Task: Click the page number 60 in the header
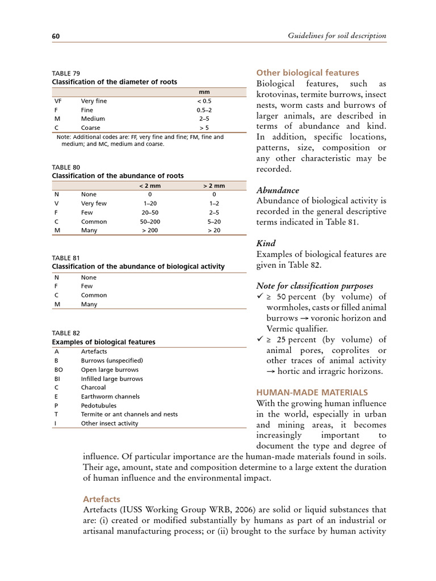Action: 56,36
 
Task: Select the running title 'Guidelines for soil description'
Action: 337,36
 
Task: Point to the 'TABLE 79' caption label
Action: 66,73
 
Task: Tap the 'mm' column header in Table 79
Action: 204,92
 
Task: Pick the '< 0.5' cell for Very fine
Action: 204,101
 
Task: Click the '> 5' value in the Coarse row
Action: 204,128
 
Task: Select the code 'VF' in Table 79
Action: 58,101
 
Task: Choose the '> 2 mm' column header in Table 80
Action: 214,186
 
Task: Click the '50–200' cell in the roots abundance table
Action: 150,222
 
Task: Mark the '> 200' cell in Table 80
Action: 150,231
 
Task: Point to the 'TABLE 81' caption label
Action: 66,258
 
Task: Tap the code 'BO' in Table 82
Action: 58,369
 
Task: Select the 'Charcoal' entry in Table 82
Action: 94,388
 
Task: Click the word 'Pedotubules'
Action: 99,406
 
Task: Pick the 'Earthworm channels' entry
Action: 110,397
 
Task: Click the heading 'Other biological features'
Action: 308,73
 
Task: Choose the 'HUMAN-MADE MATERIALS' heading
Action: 312,392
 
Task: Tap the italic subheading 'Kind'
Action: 266,243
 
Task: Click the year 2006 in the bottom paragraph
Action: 248,510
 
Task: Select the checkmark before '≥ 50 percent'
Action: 260,297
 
